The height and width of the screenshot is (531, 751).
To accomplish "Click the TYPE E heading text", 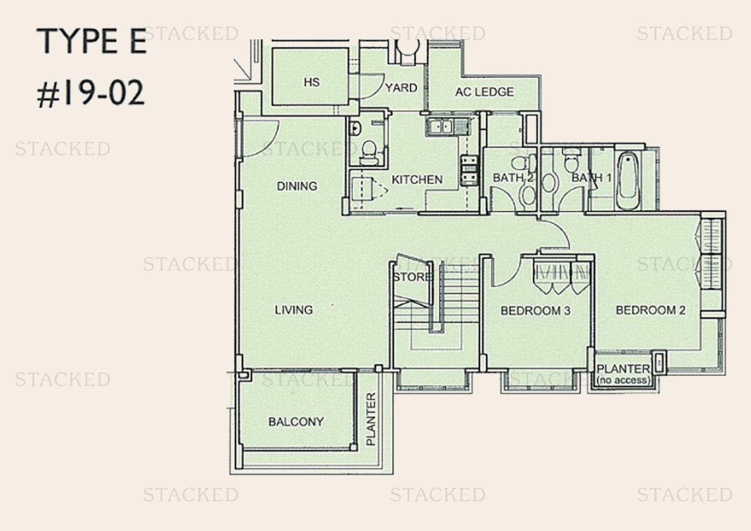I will pos(92,41).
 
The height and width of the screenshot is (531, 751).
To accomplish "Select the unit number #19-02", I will pos(91,94).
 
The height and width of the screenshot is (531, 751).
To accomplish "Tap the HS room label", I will pos(311,82).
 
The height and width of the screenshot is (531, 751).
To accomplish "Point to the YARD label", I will pos(401,88).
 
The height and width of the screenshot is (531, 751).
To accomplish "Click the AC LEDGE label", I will pos(484,92).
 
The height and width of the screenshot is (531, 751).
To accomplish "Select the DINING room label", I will pos(297,186).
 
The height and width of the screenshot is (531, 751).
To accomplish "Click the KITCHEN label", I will pos(417,179).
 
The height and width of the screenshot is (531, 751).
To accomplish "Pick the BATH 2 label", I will pos(513,178).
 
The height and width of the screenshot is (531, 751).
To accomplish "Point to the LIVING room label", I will pos(294,310).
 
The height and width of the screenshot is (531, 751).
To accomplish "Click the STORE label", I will pos(412,277).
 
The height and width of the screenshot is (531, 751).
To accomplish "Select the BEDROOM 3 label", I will pos(535,311).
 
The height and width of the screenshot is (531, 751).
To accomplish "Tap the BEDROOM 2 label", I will pos(650,310).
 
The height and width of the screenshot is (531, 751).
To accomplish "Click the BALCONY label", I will pos(296,422).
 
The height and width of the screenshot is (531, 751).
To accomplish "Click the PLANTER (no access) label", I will pos(623,374).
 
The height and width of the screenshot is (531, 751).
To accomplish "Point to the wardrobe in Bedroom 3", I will pos(560,277).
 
